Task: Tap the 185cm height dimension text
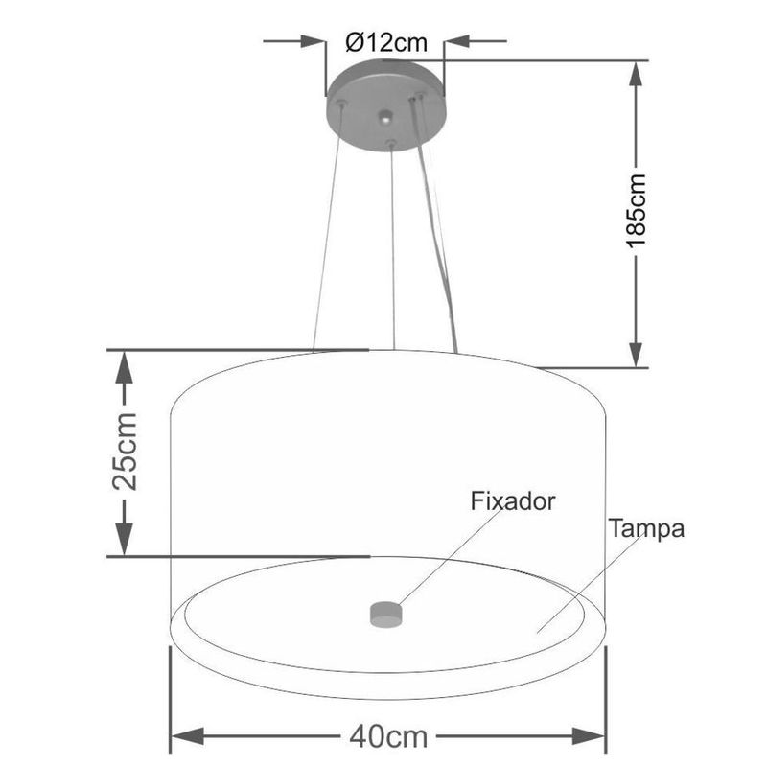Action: (x=638, y=212)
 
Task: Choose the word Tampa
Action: (x=645, y=528)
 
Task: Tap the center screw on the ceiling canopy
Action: (x=385, y=120)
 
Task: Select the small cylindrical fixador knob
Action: (x=386, y=613)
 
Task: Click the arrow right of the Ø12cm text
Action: (x=454, y=42)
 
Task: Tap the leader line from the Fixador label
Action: (x=451, y=556)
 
